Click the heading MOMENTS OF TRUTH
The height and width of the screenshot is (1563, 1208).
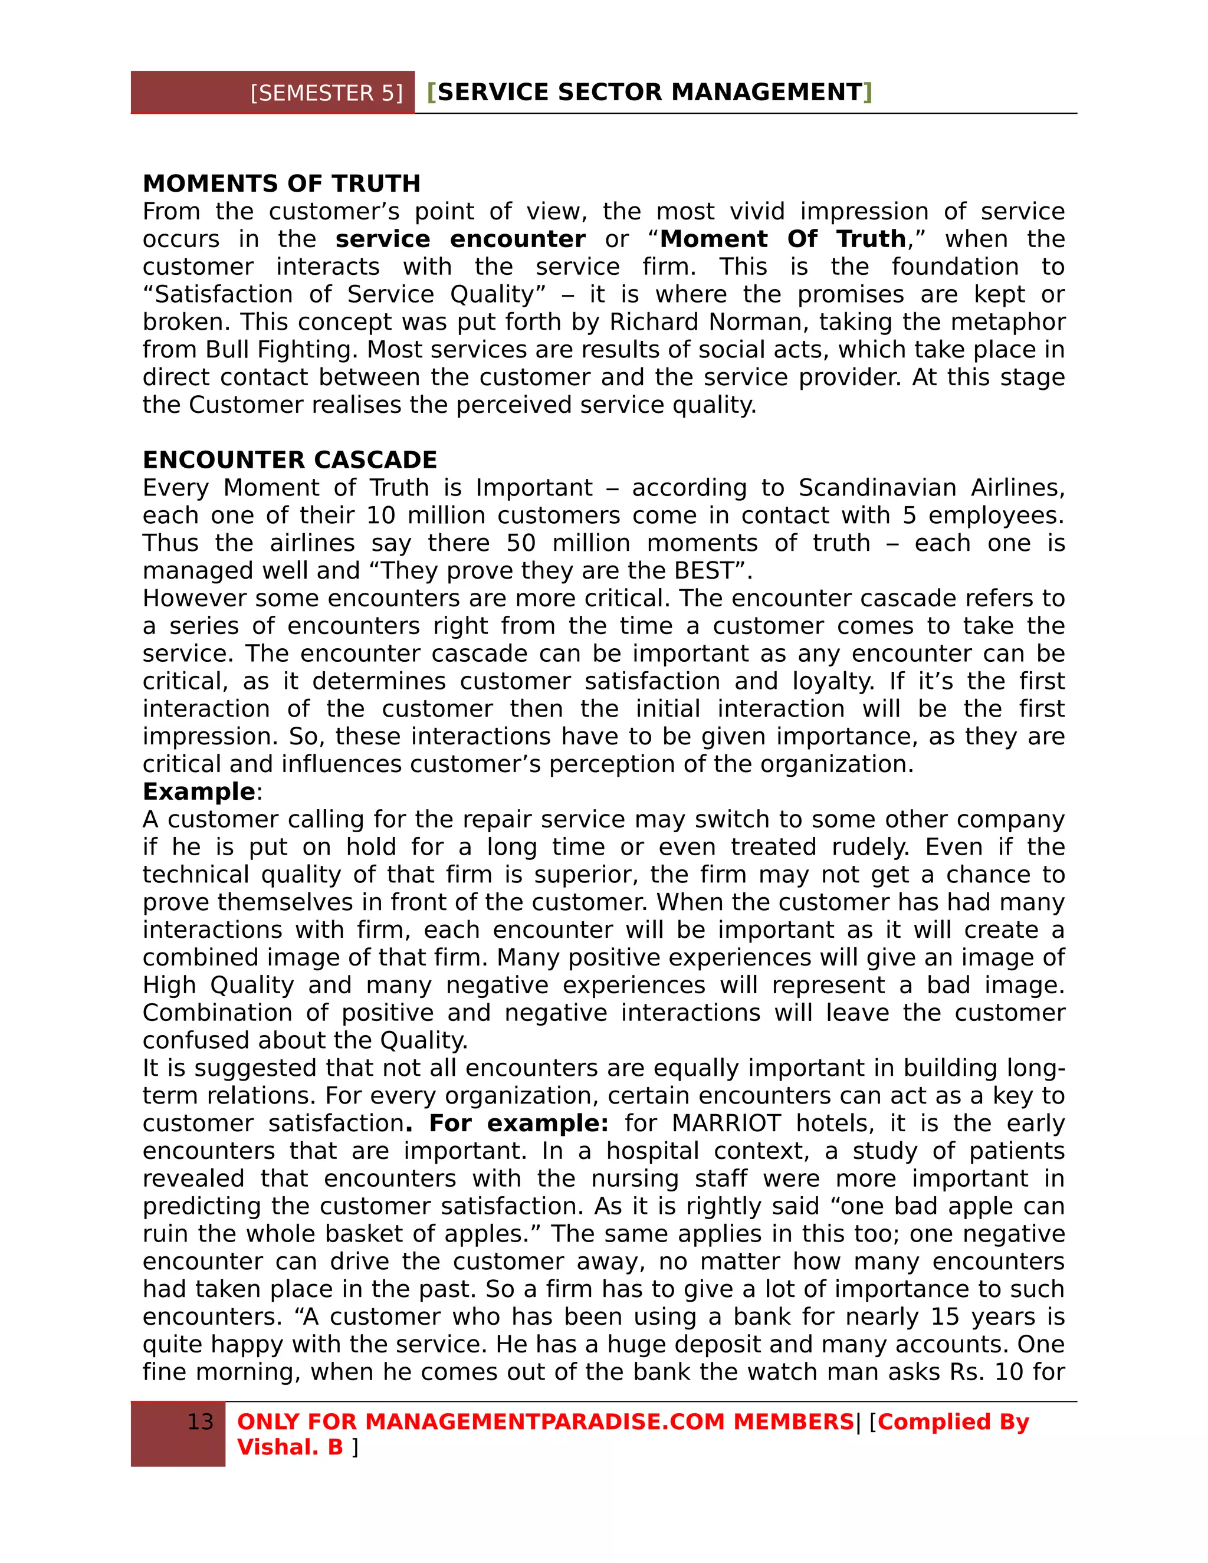[281, 184]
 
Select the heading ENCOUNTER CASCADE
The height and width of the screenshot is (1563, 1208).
[289, 459]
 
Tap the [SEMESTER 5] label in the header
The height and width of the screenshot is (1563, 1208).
[326, 93]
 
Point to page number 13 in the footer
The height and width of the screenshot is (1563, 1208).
[200, 1421]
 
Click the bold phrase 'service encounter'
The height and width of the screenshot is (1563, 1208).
[459, 239]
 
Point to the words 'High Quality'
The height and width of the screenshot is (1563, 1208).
[218, 986]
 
